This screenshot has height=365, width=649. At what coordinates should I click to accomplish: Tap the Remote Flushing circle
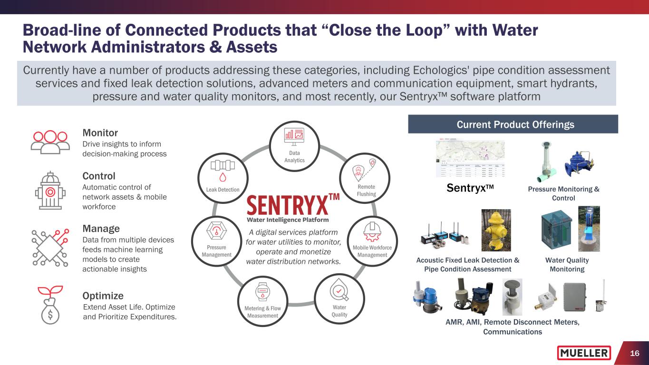pyautogui.click(x=365, y=177)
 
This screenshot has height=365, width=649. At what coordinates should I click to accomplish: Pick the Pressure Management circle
pyautogui.click(x=217, y=241)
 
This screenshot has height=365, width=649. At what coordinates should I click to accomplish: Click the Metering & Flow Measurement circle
pyautogui.click(x=263, y=301)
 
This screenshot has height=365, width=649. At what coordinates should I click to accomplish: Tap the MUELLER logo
pyautogui.click(x=584, y=353)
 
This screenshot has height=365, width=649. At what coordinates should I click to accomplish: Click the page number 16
pyautogui.click(x=634, y=353)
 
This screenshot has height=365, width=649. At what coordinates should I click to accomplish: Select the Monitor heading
pyautogui.click(x=100, y=133)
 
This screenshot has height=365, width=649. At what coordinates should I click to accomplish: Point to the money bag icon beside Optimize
pyautogui.click(x=49, y=305)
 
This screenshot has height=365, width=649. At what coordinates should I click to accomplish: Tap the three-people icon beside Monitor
pyautogui.click(x=49, y=141)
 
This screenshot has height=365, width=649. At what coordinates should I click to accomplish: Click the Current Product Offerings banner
pyautogui.click(x=513, y=125)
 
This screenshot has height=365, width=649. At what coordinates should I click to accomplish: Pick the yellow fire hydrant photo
pyautogui.click(x=496, y=230)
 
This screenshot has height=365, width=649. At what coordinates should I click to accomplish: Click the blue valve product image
pyautogui.click(x=578, y=162)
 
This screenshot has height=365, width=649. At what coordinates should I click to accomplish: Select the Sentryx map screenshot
pyautogui.click(x=470, y=159)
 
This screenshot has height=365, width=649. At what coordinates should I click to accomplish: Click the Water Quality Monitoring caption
pyautogui.click(x=567, y=265)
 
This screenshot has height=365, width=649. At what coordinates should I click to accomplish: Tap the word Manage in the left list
pyautogui.click(x=101, y=229)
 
